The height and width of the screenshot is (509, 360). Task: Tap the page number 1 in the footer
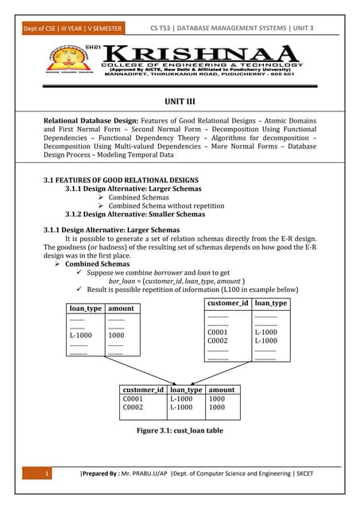coord(48,476)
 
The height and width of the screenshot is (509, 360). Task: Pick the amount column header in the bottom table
coord(222,390)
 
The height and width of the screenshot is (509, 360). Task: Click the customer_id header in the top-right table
coord(228,304)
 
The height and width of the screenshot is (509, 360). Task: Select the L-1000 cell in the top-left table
coord(81,336)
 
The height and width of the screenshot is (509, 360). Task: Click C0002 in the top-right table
coord(218,340)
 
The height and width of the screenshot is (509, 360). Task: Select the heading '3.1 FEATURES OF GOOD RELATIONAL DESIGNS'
coord(121,180)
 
